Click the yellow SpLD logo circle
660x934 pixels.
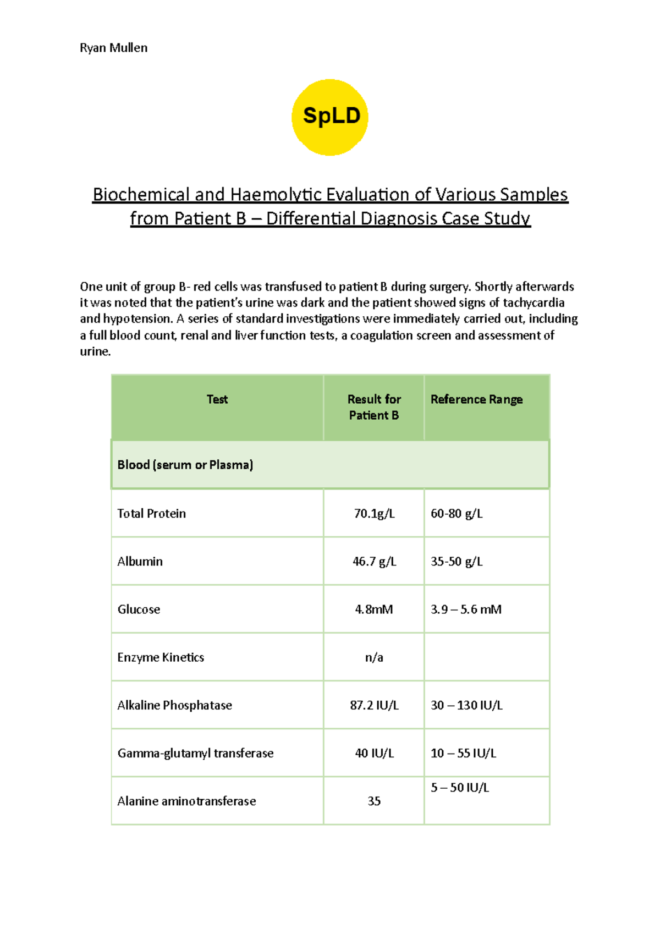pos(330,117)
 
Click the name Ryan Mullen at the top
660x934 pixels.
pos(113,48)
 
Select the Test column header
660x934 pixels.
pos(217,399)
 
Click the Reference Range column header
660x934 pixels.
pos(476,399)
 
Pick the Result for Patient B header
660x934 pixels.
pos(374,407)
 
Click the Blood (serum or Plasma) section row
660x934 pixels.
pos(185,465)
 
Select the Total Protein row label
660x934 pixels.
pos(151,513)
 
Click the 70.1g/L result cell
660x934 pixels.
pos(374,513)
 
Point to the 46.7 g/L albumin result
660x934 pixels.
pos(374,562)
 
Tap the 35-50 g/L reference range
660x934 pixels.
pos(457,562)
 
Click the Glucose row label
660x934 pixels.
pos(139,609)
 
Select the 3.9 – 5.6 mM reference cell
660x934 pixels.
pos(466,609)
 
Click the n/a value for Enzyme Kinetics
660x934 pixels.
pos(374,657)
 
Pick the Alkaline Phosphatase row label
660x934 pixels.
pos(174,705)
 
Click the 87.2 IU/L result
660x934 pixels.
pos(374,705)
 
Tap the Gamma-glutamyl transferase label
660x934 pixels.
pos(195,753)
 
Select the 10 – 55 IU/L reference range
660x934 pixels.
pos(463,753)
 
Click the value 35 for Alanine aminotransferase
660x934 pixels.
pos(374,801)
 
